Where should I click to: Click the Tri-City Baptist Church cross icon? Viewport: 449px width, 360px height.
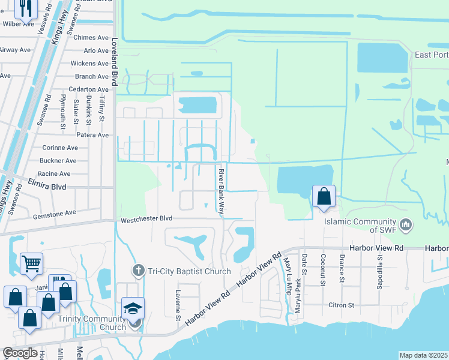139,271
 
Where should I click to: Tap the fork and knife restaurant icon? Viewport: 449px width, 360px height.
25,7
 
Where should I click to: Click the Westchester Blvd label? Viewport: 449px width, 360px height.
146,219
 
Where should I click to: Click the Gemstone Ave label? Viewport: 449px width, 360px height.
55,212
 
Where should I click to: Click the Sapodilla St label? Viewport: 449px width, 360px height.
380,269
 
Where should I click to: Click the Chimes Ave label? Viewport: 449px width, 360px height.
91,37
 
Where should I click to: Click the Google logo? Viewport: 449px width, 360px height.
20,353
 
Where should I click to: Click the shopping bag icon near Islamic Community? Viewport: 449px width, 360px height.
324,196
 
